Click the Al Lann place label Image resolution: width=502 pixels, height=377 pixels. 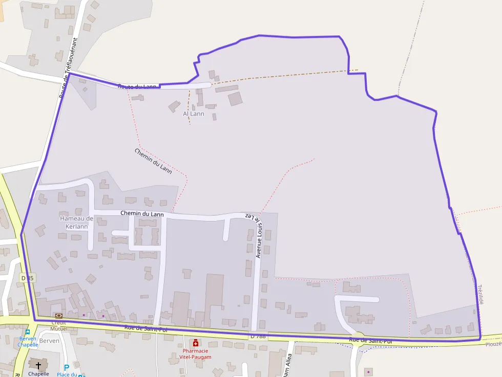pyautogui.click(x=194, y=114)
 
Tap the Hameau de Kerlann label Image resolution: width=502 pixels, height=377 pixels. pyautogui.click(x=77, y=223)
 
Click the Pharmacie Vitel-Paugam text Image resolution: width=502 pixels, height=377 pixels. pyautogui.click(x=197, y=353)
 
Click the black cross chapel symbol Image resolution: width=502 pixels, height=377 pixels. pyautogui.click(x=38, y=365)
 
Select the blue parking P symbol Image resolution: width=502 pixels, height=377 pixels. pyautogui.click(x=66, y=367)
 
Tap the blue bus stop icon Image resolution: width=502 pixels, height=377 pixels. pyautogui.click(x=27, y=332)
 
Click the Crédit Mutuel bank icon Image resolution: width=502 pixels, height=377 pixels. pyautogui.click(x=58, y=316)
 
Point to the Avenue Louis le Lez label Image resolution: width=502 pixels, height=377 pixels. pyautogui.click(x=255, y=235)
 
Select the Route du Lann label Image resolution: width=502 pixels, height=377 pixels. pyautogui.click(x=137, y=86)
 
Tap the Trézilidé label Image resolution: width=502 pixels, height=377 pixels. pyautogui.click(x=480, y=295)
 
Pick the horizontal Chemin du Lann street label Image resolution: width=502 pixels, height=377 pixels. pyautogui.click(x=142, y=214)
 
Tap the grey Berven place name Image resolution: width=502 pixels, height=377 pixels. pyautogui.click(x=49, y=341)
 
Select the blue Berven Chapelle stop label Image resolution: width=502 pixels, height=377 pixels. pyautogui.click(x=28, y=342)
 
